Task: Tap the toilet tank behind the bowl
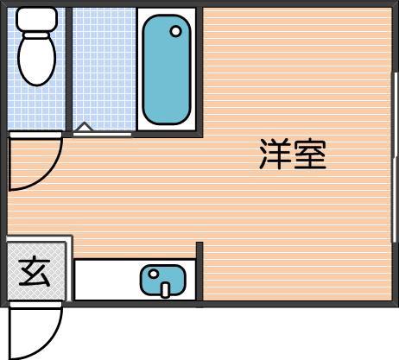click(36, 18)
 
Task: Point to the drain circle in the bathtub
click(176, 32)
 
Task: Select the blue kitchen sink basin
click(164, 281)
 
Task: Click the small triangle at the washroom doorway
click(83, 129)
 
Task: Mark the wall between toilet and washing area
click(70, 69)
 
